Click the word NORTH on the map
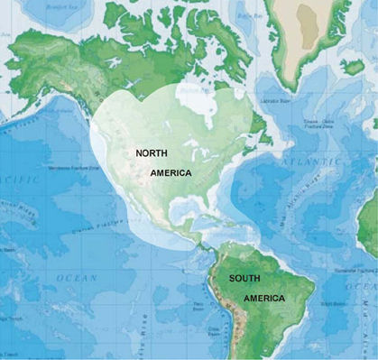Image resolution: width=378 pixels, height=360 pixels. (151, 154)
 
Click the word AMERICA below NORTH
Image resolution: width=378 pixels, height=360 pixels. (171, 172)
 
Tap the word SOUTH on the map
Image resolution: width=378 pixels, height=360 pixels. (244, 279)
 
